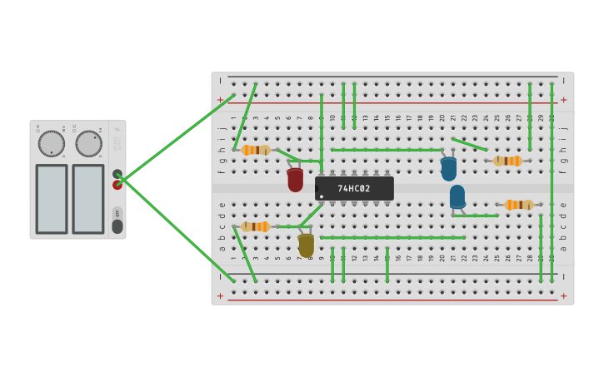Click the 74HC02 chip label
click(354, 189)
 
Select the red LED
click(295, 180)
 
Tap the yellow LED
click(307, 246)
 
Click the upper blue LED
click(449, 169)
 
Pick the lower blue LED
click(457, 196)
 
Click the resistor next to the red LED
click(256, 150)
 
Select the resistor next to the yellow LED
click(255, 226)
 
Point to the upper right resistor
click(507, 161)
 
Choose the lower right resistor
click(518, 205)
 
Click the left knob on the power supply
click(51, 143)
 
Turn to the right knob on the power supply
click(88, 143)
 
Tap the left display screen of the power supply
click(52, 199)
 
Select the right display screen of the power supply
click(88, 199)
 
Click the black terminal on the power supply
click(117, 174)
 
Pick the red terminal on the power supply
click(117, 185)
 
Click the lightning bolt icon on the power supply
click(117, 131)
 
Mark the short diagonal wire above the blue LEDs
click(470, 145)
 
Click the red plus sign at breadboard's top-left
click(221, 100)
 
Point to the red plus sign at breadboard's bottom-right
click(563, 295)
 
